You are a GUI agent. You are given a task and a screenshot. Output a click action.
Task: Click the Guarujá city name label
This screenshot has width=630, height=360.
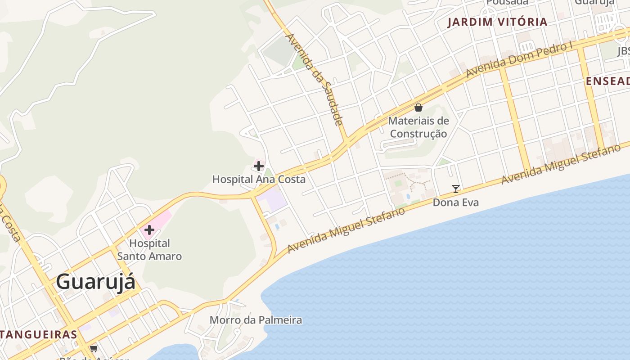click(x=95, y=282)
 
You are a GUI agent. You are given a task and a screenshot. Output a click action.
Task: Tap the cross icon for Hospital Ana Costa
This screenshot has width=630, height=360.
click(x=259, y=166)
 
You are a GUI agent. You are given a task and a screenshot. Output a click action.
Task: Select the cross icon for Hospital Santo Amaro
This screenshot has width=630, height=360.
click(x=149, y=230)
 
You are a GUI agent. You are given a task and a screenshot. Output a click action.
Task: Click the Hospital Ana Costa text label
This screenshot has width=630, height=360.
click(x=259, y=179)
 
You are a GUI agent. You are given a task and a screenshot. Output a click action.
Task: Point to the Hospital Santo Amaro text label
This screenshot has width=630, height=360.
click(x=149, y=250)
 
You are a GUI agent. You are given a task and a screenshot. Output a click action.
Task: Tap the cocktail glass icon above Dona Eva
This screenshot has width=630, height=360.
click(x=456, y=189)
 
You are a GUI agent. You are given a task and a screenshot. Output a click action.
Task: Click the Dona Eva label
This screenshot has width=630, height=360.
click(x=456, y=202)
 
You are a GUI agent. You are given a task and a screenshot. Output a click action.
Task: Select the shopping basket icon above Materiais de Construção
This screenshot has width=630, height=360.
click(x=418, y=108)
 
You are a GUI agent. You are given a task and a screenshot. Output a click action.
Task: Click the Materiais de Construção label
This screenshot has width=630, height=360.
click(x=418, y=127)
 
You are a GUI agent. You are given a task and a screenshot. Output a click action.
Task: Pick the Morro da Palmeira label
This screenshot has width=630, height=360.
click(x=256, y=320)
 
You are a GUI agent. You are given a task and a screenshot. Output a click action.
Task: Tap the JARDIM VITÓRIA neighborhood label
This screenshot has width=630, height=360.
click(x=497, y=22)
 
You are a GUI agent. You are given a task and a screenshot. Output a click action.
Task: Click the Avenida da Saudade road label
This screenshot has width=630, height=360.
click(x=315, y=79)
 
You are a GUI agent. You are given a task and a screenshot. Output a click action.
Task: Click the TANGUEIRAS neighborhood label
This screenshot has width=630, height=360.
click(x=39, y=335)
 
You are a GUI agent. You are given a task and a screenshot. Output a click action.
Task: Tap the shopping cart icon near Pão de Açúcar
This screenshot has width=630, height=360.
click(x=94, y=348)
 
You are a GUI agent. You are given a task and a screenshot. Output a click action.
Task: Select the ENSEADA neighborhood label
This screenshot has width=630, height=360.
click(x=607, y=81)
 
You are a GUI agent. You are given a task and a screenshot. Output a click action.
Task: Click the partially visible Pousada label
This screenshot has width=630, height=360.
click(x=507, y=2)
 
